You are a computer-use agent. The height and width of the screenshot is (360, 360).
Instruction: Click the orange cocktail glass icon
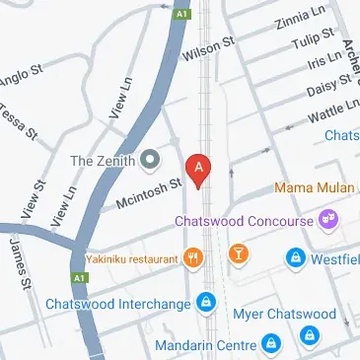pos(238,258)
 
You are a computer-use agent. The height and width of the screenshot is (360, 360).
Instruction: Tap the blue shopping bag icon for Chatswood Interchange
pos(205,303)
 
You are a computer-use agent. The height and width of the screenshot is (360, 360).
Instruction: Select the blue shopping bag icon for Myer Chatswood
pos(310,335)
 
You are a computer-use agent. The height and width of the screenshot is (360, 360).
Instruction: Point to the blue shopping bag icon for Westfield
pos(294,259)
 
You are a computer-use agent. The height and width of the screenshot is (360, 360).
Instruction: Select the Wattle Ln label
pos(330,109)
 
